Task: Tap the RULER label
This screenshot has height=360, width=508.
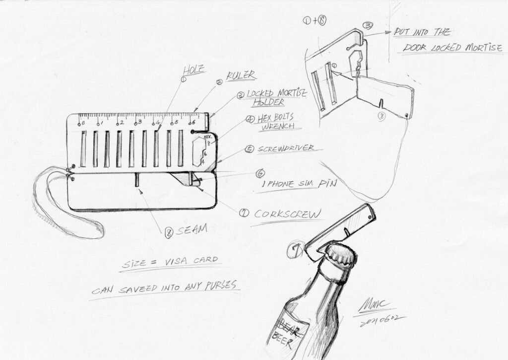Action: pyautogui.click(x=241, y=75)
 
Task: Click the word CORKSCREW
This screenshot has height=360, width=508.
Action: pyautogui.click(x=287, y=214)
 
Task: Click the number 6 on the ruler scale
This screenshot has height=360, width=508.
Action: pyautogui.click(x=193, y=122)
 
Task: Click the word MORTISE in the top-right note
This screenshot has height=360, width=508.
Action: pyautogui.click(x=479, y=48)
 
